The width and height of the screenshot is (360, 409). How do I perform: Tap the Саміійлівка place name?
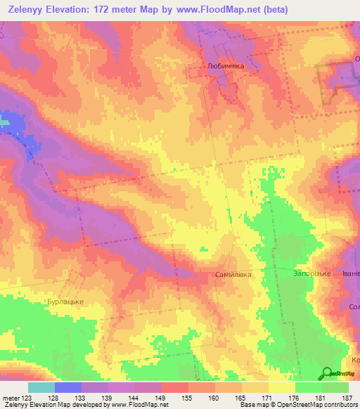tap(233, 274)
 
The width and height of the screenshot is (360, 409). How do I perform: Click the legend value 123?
tap(26, 397)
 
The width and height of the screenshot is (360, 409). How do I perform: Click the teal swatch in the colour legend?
tap(41, 387)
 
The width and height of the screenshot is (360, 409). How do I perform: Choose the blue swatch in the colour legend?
tap(67, 387)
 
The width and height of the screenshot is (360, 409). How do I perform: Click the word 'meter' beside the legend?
tap(10, 397)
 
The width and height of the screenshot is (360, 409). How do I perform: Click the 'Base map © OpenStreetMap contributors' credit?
tap(297, 405)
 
